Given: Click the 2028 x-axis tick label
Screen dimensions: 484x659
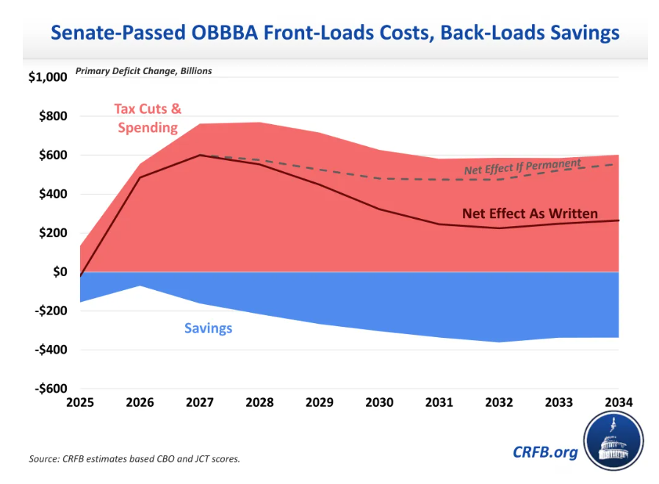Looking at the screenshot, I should (259, 403).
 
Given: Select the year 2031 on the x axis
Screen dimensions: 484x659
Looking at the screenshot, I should (439, 403).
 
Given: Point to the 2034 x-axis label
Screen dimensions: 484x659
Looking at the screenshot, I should (617, 403).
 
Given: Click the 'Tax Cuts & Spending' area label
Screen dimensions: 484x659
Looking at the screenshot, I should (148, 118).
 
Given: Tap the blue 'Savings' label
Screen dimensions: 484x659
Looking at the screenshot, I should (208, 328).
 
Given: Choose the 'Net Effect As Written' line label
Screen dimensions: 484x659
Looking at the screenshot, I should (530, 214).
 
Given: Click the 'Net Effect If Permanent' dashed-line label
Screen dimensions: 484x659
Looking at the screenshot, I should (522, 167).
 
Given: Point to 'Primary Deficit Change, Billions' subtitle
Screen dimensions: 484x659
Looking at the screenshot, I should (143, 71).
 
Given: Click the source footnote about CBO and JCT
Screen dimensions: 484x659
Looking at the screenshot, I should (134, 459).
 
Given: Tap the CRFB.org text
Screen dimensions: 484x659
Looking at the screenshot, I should (545, 452).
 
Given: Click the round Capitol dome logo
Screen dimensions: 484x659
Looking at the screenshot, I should (613, 443).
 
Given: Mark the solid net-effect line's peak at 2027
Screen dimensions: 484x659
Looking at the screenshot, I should (200, 155).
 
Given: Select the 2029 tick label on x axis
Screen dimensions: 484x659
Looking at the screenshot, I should (319, 403).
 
